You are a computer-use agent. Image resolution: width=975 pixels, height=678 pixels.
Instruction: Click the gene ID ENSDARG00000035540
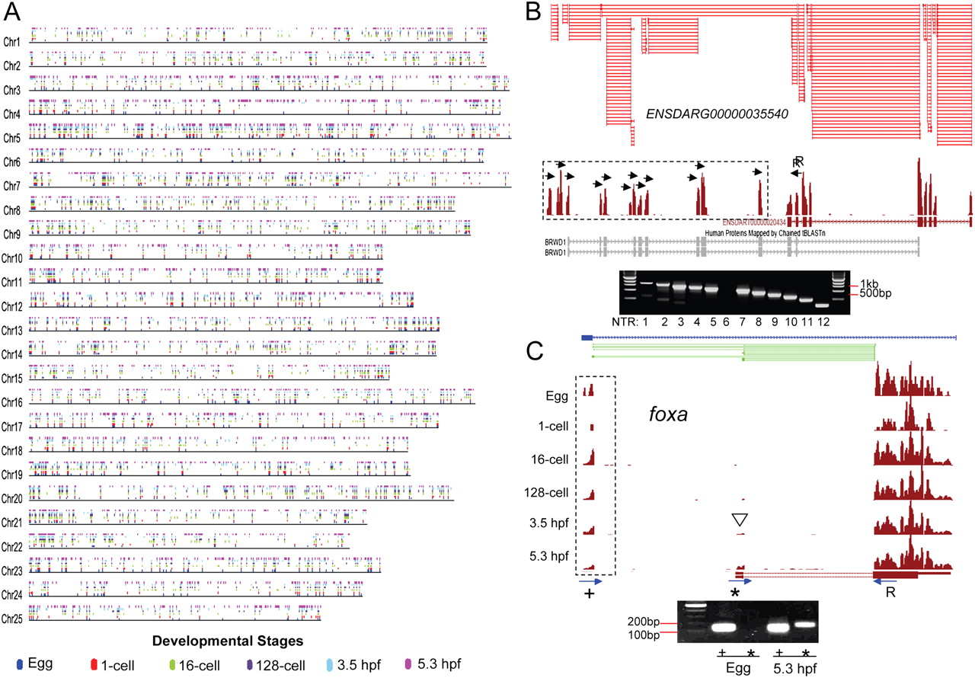pyautogui.click(x=716, y=114)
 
